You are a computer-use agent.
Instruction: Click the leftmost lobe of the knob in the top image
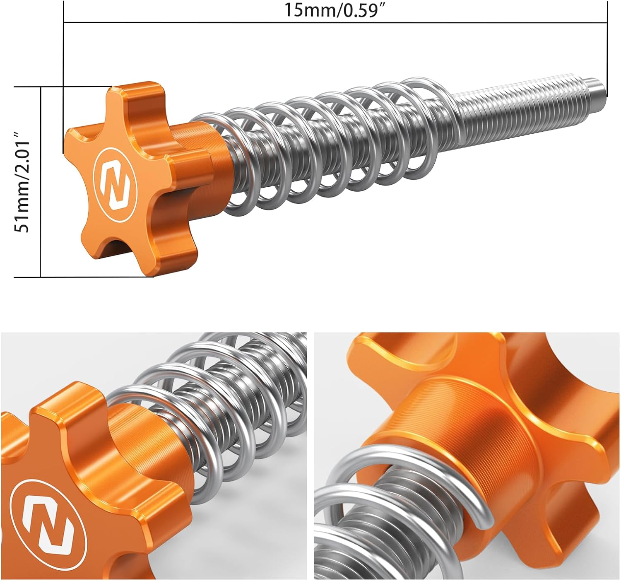(77, 143)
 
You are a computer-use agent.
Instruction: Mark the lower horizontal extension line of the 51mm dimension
(83, 277)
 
